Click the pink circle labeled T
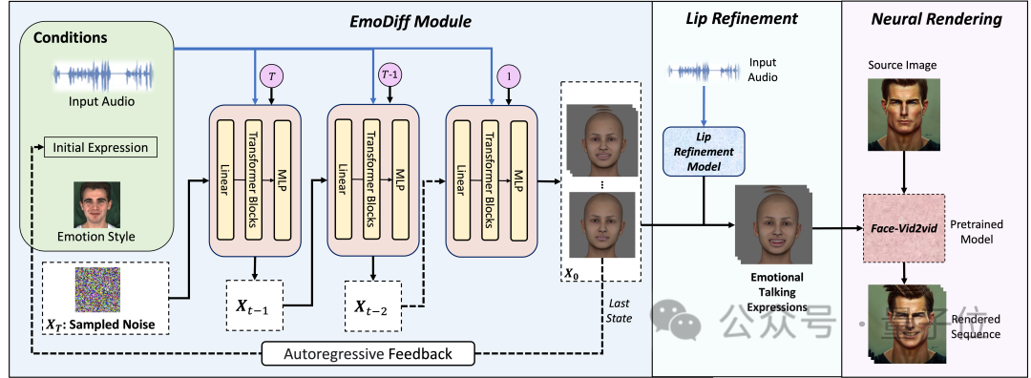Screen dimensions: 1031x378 272,75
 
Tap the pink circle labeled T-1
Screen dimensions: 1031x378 389,75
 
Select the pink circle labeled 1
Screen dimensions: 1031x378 509,76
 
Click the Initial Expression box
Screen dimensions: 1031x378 100,147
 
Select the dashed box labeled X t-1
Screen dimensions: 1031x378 255,305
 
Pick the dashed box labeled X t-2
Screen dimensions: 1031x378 373,305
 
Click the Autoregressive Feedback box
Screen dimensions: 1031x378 368,354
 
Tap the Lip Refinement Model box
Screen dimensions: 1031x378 704,151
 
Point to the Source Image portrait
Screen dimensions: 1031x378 903,113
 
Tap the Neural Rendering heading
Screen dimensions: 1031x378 936,19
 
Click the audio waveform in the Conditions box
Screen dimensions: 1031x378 102,76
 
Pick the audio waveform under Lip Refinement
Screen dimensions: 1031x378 704,71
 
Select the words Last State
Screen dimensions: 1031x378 620,310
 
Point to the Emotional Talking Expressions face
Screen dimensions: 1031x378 773,222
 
